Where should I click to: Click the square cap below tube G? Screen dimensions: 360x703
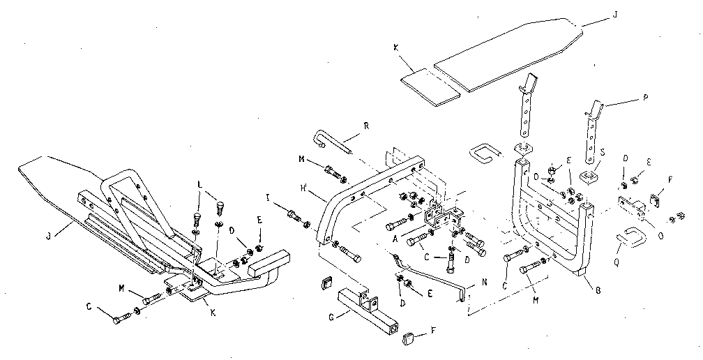409,339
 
